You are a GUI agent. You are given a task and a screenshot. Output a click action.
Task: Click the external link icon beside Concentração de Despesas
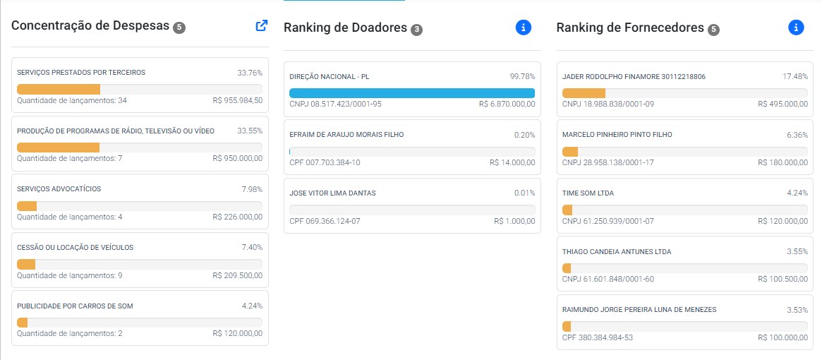[262, 25]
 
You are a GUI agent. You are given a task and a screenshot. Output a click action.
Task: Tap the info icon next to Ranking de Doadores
[523, 28]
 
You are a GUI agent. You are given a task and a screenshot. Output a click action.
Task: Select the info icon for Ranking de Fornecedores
[796, 28]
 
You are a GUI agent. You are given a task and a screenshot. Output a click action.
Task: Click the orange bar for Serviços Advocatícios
[27, 205]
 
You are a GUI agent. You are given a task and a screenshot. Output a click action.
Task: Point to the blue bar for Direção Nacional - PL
[412, 93]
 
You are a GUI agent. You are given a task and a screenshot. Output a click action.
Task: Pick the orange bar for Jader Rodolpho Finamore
[584, 93]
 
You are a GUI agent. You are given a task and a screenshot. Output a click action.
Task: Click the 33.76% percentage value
[250, 73]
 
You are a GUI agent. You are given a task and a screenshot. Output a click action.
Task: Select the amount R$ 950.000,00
[238, 159]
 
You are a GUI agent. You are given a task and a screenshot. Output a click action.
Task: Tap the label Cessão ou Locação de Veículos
[75, 247]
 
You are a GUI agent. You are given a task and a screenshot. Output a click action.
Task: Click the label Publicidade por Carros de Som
[75, 306]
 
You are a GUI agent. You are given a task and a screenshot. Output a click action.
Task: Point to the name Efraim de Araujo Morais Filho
[346, 135]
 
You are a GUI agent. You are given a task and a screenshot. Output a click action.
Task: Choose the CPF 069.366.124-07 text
[325, 221]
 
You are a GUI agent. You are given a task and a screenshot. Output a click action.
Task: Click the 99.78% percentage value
[523, 77]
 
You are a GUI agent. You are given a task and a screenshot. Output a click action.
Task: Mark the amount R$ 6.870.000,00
[507, 104]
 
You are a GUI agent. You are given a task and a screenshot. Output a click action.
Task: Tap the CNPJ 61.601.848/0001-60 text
[608, 279]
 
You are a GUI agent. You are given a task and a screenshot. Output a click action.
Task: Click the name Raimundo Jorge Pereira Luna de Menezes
[639, 310]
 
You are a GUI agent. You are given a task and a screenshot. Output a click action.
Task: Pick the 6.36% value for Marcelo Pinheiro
[797, 135]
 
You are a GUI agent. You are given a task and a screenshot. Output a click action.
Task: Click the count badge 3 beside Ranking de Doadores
[416, 30]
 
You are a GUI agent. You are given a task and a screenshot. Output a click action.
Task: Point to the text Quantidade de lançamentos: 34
[72, 100]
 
